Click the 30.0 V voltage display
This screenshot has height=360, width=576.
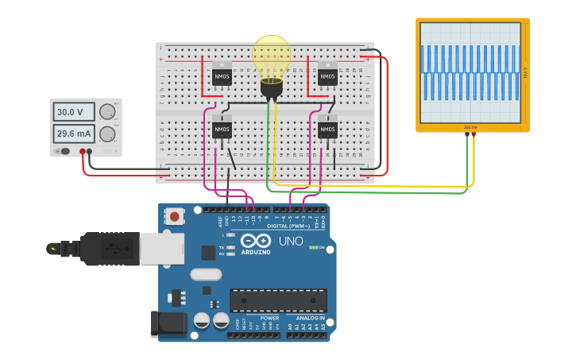click(x=74, y=112)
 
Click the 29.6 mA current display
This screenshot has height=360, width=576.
click(x=74, y=133)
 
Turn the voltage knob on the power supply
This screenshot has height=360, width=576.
click(x=106, y=112)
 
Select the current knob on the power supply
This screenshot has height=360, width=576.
click(x=106, y=133)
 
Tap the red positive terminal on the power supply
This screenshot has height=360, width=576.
click(x=83, y=151)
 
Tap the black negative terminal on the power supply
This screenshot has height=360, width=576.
click(x=90, y=151)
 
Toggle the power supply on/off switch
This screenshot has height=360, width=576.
click(x=64, y=151)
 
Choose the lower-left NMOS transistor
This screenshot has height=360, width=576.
click(x=222, y=129)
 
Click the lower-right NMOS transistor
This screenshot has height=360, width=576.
click(x=327, y=129)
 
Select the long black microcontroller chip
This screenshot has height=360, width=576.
click(x=278, y=300)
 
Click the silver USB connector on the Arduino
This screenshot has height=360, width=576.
click(x=161, y=249)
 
